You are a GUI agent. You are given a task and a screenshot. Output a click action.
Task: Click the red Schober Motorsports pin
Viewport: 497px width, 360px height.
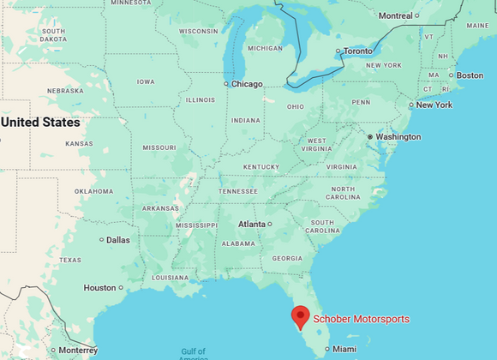[x=300, y=317]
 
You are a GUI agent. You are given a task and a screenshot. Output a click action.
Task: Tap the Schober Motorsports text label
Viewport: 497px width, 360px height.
[x=361, y=320]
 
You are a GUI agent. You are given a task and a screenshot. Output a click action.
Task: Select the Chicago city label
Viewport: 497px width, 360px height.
[x=247, y=84]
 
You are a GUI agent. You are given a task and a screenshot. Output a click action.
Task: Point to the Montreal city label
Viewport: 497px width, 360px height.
[x=395, y=15]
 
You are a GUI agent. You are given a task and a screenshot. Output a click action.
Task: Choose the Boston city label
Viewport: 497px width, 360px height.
[x=470, y=75]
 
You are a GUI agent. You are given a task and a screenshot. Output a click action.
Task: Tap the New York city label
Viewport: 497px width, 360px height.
[x=434, y=105]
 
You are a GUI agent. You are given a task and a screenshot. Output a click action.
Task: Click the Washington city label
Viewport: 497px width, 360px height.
[x=398, y=136]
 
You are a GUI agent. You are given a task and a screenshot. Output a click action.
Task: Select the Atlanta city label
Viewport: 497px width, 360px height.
[x=252, y=224]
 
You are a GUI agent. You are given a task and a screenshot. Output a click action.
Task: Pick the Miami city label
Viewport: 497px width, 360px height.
[x=344, y=349]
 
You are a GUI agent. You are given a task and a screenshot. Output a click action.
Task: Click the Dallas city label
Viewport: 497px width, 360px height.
[x=118, y=240]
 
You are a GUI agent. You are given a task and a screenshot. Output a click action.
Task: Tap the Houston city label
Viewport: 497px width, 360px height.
[x=99, y=288]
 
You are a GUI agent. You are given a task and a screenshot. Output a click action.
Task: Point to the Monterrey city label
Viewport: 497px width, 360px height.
[x=78, y=350]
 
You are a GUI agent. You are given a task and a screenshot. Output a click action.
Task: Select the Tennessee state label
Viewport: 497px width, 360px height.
[x=238, y=191]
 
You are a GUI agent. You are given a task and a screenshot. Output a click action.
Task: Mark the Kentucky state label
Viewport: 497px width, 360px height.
[x=261, y=166]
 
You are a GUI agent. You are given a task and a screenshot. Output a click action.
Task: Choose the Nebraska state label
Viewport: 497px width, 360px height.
[x=65, y=91]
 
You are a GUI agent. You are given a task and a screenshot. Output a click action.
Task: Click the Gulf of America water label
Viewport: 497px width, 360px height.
[x=194, y=353]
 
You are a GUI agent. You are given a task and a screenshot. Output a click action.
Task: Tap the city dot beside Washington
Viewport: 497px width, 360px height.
[x=369, y=136]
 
